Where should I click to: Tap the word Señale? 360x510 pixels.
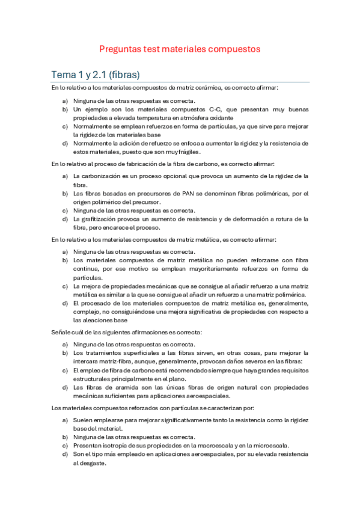pos(62,333)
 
